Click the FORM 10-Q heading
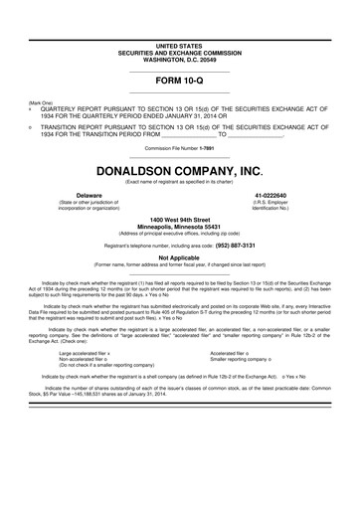click(179, 79)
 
